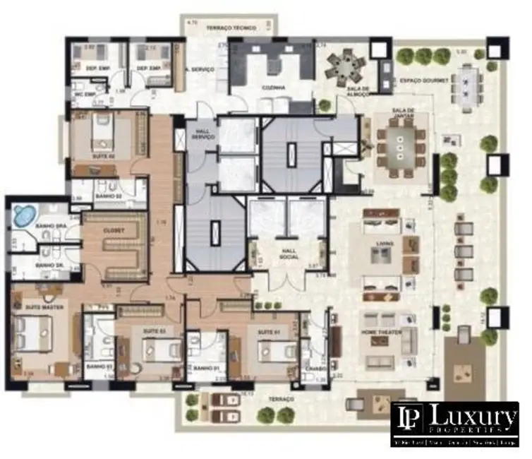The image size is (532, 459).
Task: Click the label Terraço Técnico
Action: [x=231, y=28]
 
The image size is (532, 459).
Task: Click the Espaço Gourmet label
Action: [x=424, y=81]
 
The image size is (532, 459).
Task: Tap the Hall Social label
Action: [x=287, y=253]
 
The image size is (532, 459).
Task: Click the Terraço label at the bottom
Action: [x=286, y=399]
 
